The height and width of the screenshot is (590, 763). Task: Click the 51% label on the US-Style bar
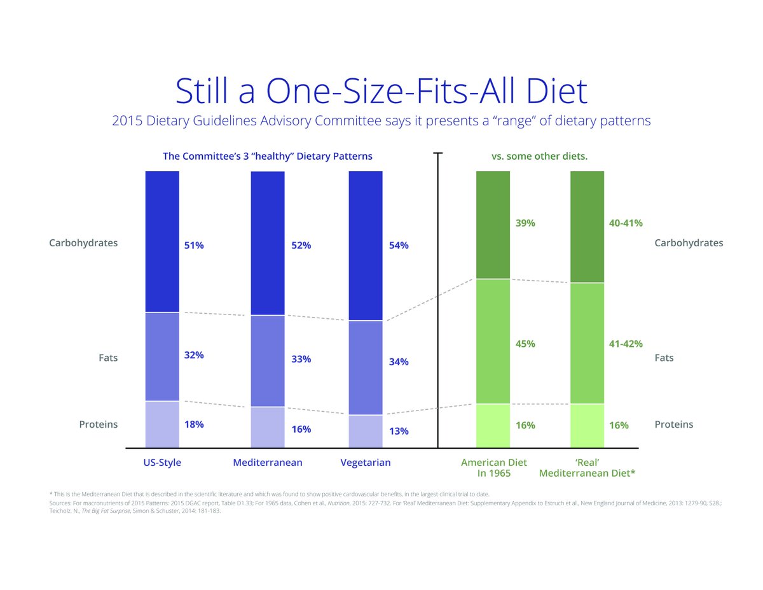(x=194, y=245)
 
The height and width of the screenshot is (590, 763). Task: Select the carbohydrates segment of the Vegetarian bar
(x=366, y=246)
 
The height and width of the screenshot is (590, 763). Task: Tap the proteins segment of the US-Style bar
(x=162, y=425)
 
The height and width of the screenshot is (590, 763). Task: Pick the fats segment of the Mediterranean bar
(x=268, y=361)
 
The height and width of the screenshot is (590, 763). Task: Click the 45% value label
(x=525, y=344)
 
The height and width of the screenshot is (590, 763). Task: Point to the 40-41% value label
(x=626, y=223)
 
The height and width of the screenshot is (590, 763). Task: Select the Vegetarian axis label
(x=366, y=463)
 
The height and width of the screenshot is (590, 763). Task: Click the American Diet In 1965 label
(x=493, y=468)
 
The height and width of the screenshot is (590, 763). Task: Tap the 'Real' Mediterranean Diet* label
(x=587, y=468)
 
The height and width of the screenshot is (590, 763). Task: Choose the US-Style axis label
(x=162, y=463)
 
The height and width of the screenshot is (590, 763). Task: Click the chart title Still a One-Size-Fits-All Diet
(x=381, y=92)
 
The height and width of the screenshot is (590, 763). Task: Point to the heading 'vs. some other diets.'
(x=539, y=157)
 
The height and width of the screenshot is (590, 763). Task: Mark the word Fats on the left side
(x=108, y=358)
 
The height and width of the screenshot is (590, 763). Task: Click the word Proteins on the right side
(x=674, y=425)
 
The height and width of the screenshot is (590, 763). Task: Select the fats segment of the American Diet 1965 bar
(x=493, y=342)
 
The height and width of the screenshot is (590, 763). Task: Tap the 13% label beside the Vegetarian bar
(x=399, y=431)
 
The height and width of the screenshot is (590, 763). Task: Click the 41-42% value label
(x=626, y=344)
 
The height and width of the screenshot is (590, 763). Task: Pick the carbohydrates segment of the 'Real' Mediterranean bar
(x=587, y=227)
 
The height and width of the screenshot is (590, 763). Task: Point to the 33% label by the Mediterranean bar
(x=301, y=359)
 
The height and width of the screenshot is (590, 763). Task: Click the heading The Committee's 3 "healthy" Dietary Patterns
(x=268, y=157)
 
